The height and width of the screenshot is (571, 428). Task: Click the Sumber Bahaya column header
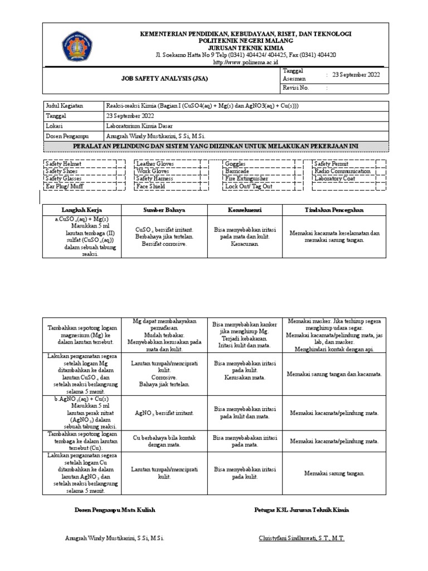click(164, 210)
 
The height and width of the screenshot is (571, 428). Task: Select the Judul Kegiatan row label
click(62, 106)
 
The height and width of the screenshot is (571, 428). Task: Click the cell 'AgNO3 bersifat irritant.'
click(164, 413)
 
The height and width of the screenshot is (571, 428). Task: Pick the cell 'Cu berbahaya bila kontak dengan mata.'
click(164, 441)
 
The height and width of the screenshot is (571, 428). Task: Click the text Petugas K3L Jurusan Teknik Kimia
click(301, 510)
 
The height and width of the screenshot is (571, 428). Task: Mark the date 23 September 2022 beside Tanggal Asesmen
click(356, 75)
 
